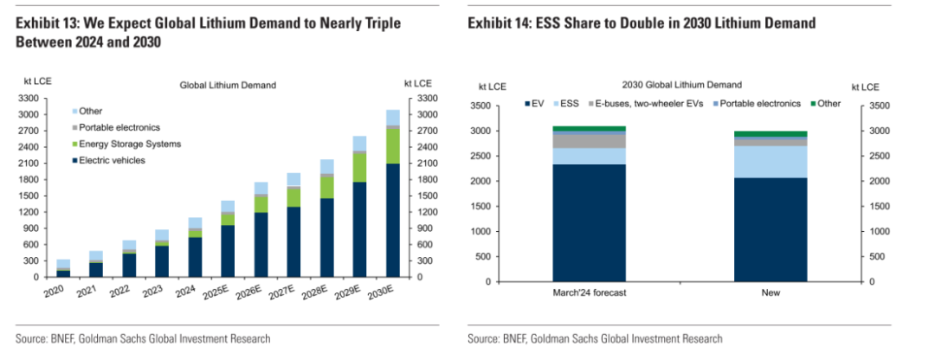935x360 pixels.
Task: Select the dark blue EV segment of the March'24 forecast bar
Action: pos(590,222)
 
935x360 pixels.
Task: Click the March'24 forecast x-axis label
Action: pos(590,293)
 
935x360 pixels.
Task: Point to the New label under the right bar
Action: pos(771,293)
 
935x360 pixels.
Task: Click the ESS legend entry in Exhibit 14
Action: pos(570,104)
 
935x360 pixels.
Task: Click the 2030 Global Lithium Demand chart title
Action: pos(681,85)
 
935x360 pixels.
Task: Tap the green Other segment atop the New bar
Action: pos(771,134)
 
